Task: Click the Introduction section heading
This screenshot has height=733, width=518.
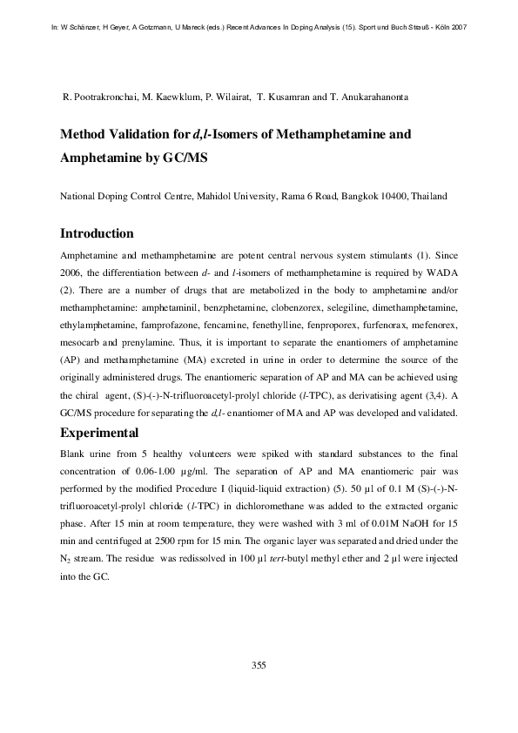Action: tap(97, 233)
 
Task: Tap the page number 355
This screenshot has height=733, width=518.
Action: tap(259, 665)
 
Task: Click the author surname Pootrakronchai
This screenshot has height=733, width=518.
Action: tap(105, 96)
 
